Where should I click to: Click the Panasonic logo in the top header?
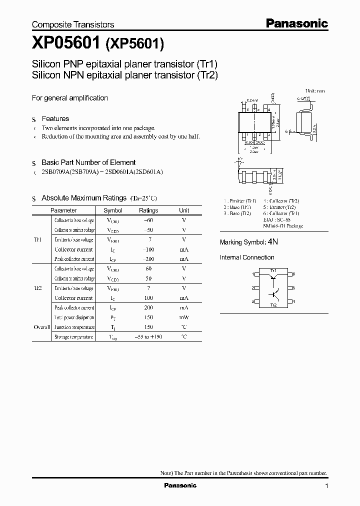pos(296,23)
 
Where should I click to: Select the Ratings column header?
pos(148,210)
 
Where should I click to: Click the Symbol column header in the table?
pos(112,210)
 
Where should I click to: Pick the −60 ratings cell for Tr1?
pos(148,220)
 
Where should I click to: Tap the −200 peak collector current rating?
pos(148,259)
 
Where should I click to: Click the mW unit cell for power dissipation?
pos(184,317)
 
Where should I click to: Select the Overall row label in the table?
pos(42,327)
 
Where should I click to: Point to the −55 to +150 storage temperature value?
pos(148,337)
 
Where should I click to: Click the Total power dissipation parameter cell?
pos(74,317)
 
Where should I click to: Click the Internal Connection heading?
pos(247,257)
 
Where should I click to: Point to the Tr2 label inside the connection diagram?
pos(273,304)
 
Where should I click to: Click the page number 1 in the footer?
pos(326,486)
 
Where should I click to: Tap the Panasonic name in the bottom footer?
pos(180,485)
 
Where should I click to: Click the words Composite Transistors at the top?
pos(73,24)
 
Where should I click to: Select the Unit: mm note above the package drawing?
pos(314,91)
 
